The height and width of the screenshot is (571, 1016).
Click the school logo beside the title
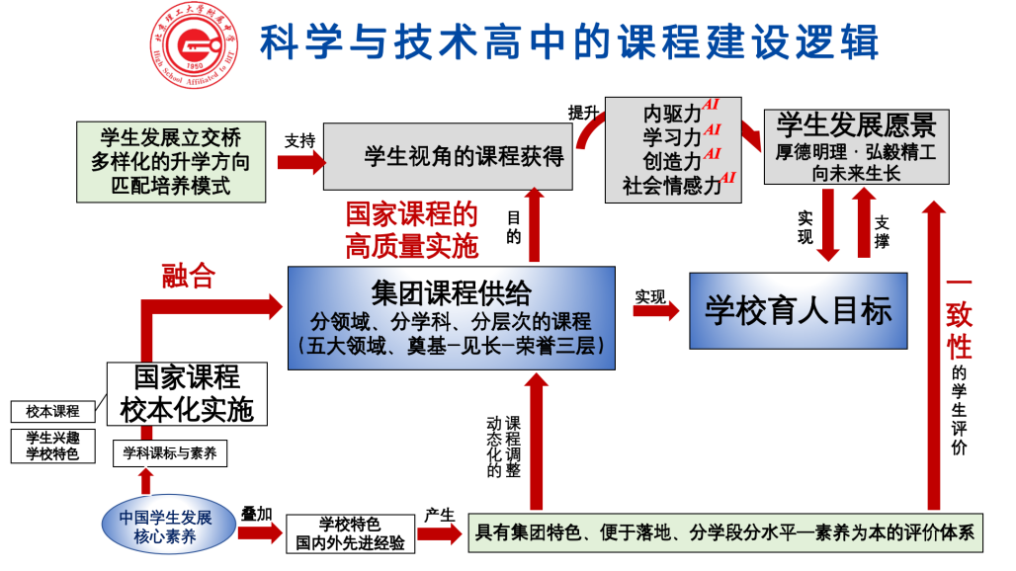pyautogui.click(x=196, y=44)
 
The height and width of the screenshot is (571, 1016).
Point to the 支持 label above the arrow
pyautogui.click(x=299, y=140)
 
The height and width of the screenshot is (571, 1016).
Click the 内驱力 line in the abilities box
pyautogui.click(x=672, y=112)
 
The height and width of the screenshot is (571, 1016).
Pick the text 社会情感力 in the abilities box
pyautogui.click(x=672, y=184)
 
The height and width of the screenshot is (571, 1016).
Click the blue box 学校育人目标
pyautogui.click(x=798, y=311)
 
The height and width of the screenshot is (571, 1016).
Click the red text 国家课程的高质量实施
pyautogui.click(x=411, y=229)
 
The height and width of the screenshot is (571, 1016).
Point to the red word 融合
pyautogui.click(x=188, y=277)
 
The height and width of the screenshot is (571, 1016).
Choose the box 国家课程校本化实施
pyautogui.click(x=187, y=393)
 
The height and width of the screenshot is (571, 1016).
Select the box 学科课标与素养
pyautogui.click(x=170, y=453)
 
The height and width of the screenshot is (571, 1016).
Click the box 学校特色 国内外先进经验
pyautogui.click(x=350, y=533)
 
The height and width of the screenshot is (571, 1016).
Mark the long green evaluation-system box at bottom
pyautogui.click(x=725, y=533)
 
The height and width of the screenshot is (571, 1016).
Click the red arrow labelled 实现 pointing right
pyautogui.click(x=655, y=311)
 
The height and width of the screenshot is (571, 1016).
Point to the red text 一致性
pyautogui.click(x=958, y=316)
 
